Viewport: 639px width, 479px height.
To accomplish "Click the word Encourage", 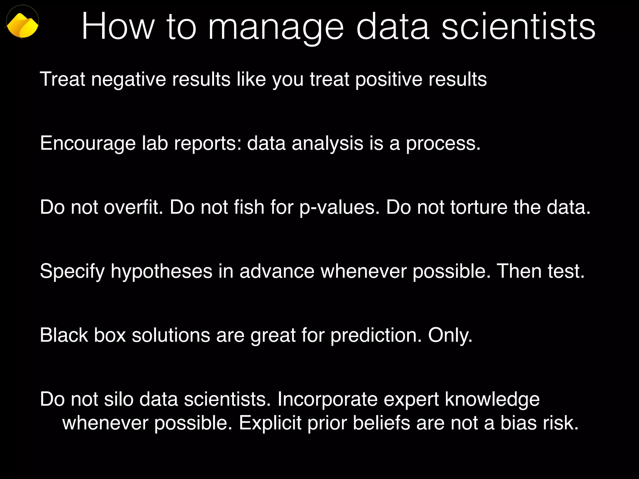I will [88, 143].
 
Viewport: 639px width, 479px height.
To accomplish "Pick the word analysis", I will [327, 143].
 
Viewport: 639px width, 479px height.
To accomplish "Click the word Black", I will [64, 335].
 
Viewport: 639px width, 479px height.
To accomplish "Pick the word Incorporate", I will [327, 399].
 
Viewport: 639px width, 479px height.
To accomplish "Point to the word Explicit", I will [270, 423].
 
